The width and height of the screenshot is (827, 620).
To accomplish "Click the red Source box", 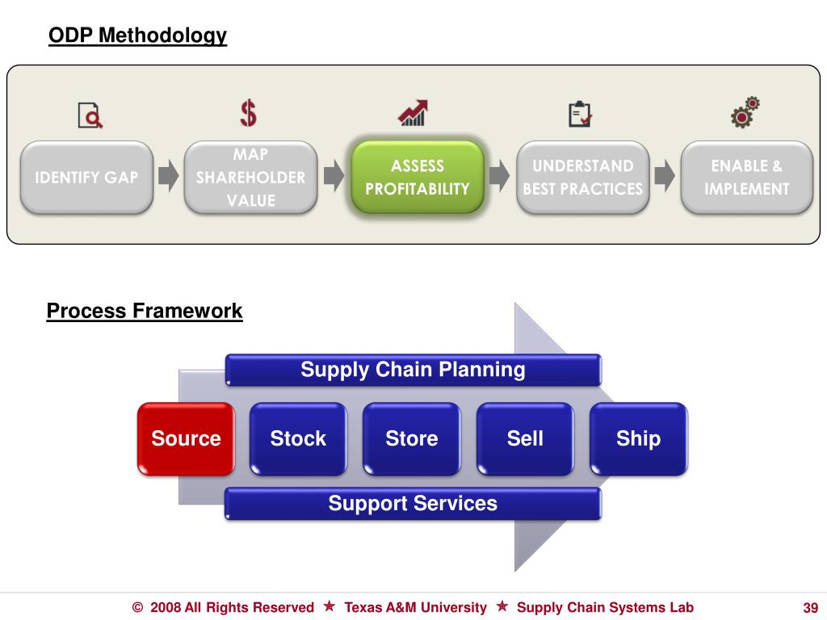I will point(186,438).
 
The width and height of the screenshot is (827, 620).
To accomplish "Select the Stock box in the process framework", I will point(298,438).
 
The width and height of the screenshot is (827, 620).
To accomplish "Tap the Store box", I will point(412,438).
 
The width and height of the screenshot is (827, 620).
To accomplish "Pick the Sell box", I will point(525,438).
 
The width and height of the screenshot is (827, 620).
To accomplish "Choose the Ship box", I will point(638,438).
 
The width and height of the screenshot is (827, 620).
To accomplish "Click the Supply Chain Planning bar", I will point(413,370).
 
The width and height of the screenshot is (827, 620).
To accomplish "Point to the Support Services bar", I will point(413,504).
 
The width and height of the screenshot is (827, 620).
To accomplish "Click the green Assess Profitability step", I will point(418,177).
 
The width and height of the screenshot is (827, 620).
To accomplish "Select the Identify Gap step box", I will point(86,177).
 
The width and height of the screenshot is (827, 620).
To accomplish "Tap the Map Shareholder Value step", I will point(250,177).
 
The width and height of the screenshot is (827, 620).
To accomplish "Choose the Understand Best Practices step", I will point(582,177).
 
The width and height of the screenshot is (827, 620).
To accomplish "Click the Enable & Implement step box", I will point(746,177).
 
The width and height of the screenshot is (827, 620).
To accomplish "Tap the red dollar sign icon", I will point(249,113).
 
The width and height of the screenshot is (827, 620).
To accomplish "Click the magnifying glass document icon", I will point(90,115).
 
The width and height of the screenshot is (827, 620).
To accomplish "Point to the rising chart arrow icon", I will point(413,113).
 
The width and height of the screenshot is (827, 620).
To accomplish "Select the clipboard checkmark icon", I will point(580,114).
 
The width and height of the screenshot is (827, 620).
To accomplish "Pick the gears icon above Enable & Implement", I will point(745,113).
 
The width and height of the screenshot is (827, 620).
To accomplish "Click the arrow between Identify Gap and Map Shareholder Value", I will point(168,177).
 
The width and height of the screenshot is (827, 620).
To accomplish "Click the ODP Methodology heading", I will point(137,36).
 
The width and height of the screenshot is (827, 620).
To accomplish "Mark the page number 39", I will point(811,608).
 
